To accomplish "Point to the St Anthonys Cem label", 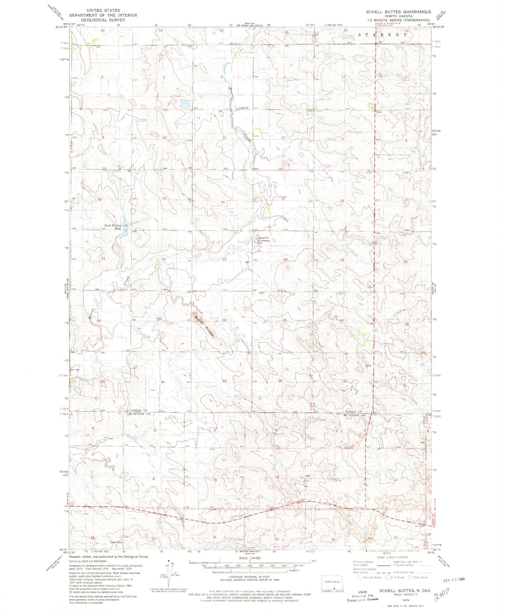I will pos(264,241).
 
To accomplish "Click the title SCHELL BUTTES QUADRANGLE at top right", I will pos(398,12).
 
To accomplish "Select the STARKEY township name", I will pos(383,35).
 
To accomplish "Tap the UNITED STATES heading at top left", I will pos(103,10).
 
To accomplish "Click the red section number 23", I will pos(225,259).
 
